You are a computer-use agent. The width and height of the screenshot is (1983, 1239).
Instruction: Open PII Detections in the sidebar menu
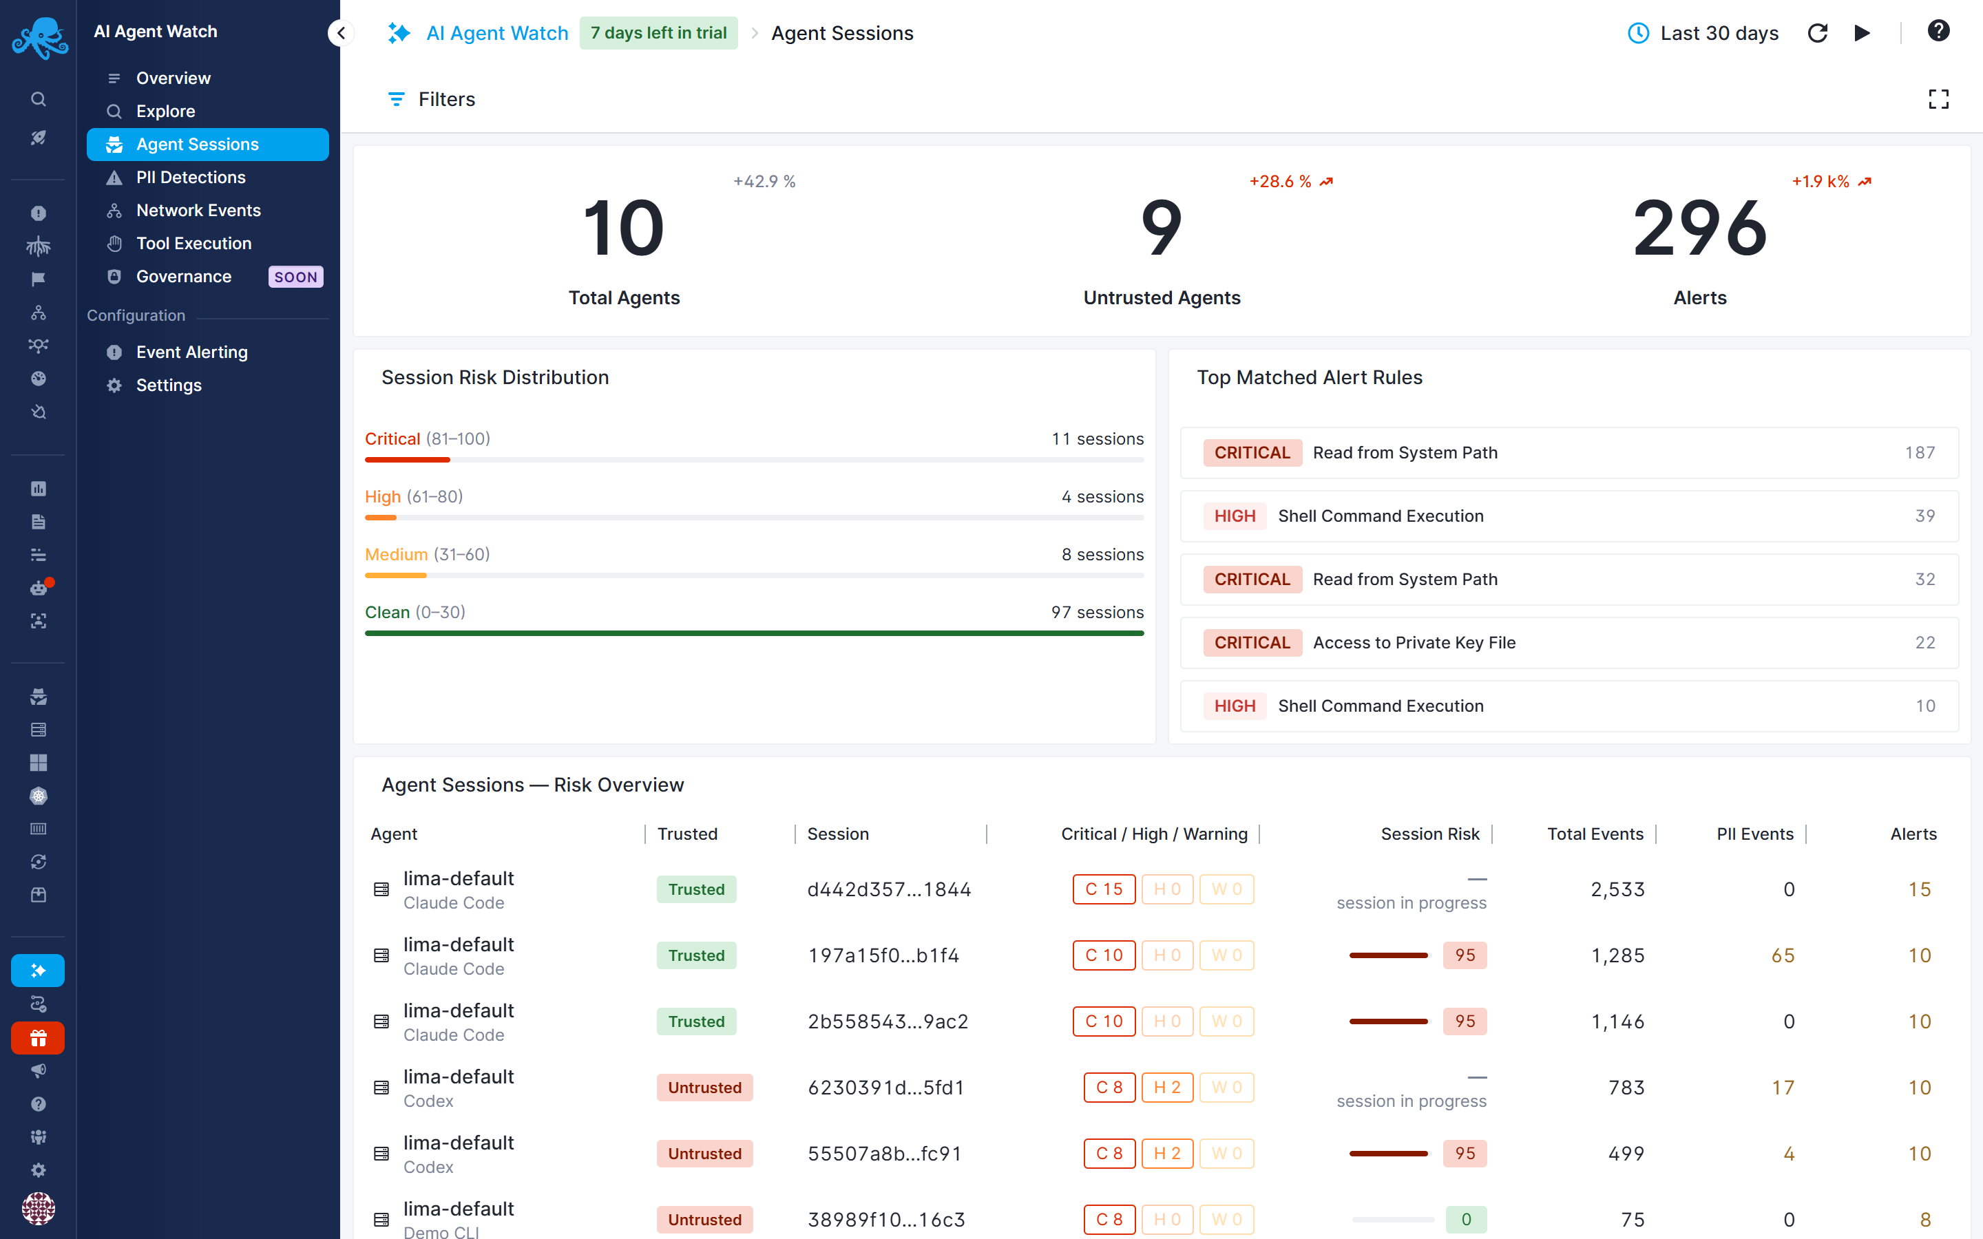click(x=190, y=177)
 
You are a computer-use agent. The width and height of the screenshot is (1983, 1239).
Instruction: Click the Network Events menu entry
click(x=198, y=211)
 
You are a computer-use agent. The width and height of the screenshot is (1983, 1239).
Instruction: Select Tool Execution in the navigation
click(x=193, y=244)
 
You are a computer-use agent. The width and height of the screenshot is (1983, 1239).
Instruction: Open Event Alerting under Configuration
click(x=191, y=352)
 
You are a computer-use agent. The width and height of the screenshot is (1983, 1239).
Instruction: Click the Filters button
click(x=431, y=99)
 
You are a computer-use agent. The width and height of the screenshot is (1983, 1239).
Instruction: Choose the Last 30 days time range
click(x=1703, y=33)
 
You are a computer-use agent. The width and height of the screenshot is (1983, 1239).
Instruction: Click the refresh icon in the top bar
click(x=1818, y=33)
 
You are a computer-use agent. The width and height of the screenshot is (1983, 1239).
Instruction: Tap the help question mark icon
click(x=1938, y=31)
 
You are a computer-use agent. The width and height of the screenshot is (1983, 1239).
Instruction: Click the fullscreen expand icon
click(x=1938, y=99)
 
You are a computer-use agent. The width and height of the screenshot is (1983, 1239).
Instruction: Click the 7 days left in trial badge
click(x=659, y=33)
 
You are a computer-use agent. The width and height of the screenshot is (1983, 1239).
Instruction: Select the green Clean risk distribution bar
click(x=754, y=633)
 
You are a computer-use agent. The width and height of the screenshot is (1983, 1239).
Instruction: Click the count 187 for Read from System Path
click(x=1920, y=452)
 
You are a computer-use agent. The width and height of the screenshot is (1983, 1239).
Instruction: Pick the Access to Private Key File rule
click(x=1414, y=642)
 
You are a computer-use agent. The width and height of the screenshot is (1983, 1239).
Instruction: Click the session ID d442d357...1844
click(x=889, y=889)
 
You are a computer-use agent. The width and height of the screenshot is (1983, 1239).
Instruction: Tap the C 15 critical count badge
click(x=1104, y=889)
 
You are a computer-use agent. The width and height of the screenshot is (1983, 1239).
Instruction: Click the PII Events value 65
click(x=1783, y=955)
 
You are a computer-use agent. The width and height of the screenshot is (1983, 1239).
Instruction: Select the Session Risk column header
click(x=1430, y=834)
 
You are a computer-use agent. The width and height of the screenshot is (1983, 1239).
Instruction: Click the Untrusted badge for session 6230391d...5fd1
click(x=704, y=1088)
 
